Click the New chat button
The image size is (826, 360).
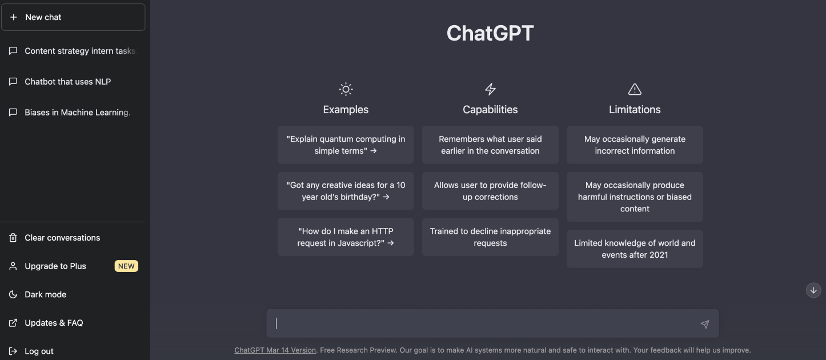[73, 17]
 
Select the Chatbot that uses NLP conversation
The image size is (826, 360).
[67, 82]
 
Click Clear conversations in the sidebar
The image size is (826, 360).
[62, 238]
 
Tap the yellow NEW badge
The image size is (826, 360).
[126, 266]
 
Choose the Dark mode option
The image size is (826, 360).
[45, 294]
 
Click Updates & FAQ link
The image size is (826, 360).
[54, 323]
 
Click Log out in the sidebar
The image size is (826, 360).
[39, 351]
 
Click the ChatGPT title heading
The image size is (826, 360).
[490, 33]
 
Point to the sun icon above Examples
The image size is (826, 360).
[346, 89]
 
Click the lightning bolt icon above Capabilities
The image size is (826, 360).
[490, 89]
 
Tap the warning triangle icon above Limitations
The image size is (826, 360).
[635, 89]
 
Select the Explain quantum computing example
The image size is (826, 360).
[346, 145]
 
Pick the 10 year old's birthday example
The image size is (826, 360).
[346, 191]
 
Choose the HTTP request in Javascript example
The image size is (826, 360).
[346, 237]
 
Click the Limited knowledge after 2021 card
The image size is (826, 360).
[635, 249]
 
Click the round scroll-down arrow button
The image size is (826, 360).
[813, 290]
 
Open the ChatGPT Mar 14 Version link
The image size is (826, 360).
[275, 350]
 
